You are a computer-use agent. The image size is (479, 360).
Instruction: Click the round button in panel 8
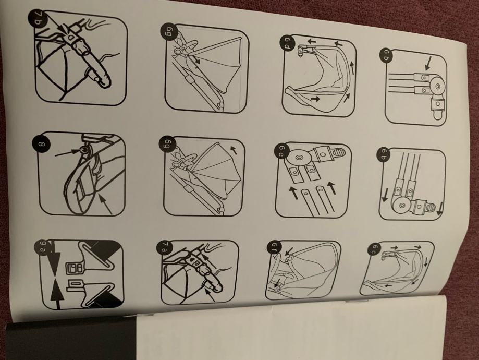[x=84, y=150]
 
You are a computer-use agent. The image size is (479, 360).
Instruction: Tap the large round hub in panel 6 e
[x=299, y=157]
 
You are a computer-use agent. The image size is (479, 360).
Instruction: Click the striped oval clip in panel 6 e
[x=339, y=151]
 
